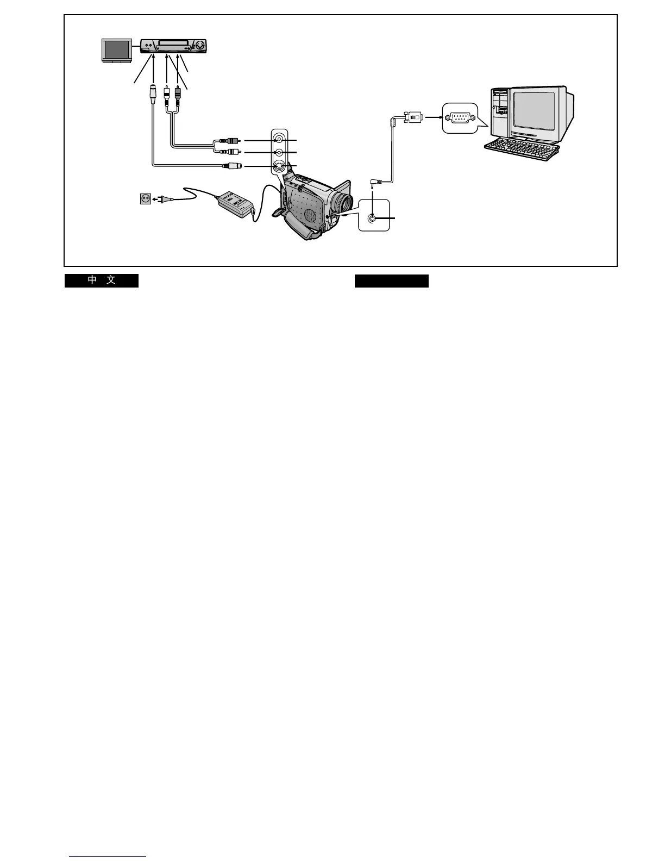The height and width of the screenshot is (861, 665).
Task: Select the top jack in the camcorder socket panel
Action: [279, 140]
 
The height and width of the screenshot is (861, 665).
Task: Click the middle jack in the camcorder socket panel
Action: [279, 153]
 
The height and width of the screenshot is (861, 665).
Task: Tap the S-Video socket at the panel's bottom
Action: [279, 166]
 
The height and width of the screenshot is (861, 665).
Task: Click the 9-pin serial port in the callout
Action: [459, 117]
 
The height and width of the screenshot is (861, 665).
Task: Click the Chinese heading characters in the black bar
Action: [102, 280]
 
